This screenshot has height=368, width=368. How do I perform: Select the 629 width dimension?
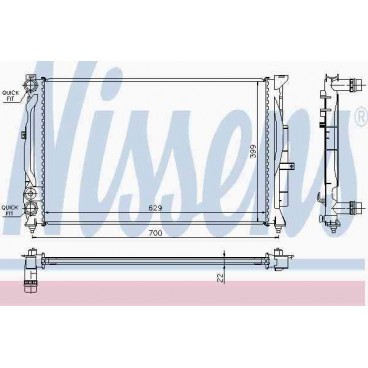coord(156,207)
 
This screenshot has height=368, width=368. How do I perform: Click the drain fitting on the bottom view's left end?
coord(32,269)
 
